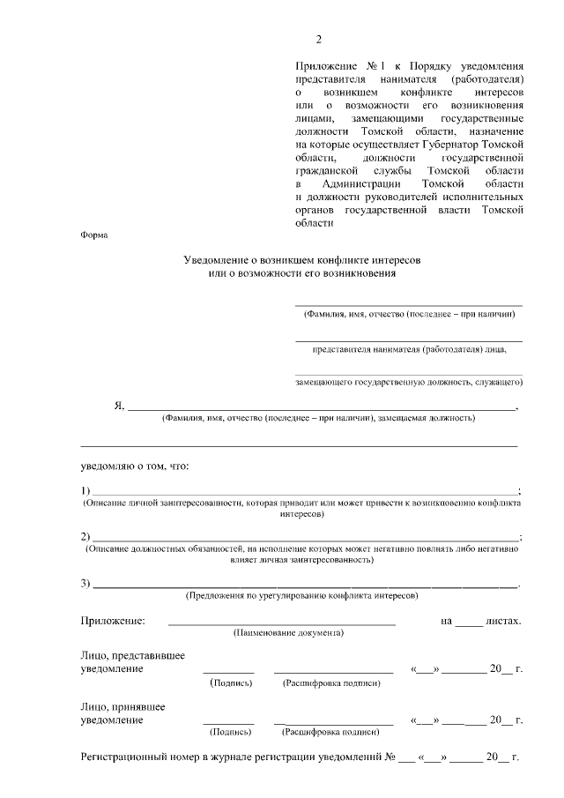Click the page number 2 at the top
point(320,40)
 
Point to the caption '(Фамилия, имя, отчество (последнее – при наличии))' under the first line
point(409,314)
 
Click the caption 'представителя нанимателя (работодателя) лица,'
point(409,349)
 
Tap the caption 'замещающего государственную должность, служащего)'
point(409,384)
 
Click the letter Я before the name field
point(118,406)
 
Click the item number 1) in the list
point(86,490)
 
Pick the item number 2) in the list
point(86,537)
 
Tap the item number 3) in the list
point(86,584)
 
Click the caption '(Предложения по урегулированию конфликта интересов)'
point(301,596)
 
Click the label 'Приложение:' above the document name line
point(114,621)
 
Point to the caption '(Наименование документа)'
point(288,633)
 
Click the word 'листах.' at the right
point(505,621)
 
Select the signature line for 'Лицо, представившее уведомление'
point(228,672)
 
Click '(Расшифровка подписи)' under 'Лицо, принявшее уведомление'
point(330,732)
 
